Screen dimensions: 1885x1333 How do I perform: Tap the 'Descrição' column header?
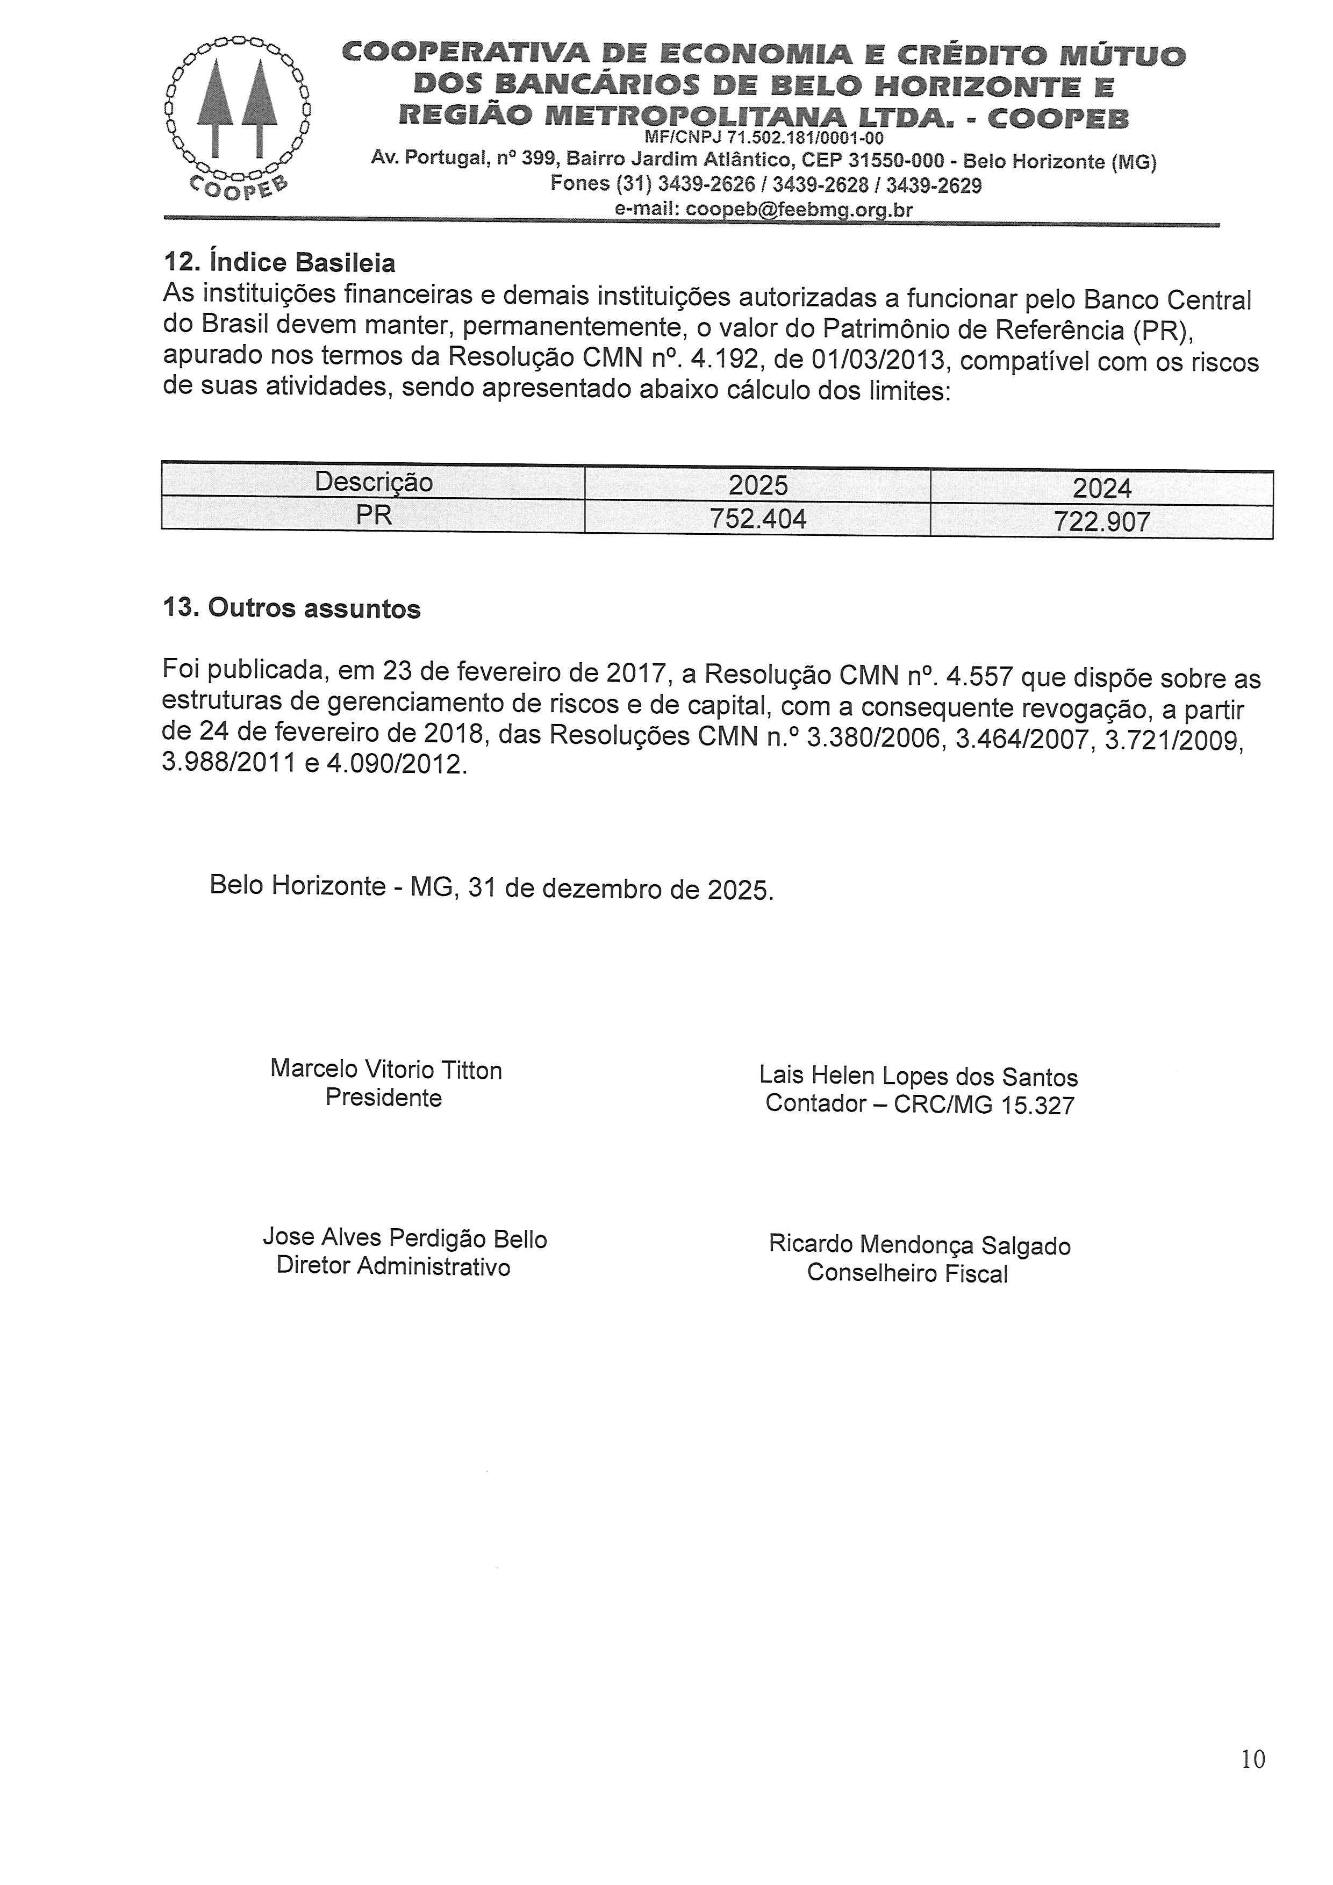point(374,482)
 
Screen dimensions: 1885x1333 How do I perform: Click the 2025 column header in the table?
point(758,486)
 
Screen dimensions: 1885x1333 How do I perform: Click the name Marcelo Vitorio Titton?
point(386,1070)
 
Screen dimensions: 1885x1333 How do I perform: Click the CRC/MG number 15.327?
point(1037,1106)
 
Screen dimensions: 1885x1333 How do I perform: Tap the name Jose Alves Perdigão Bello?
point(405,1238)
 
